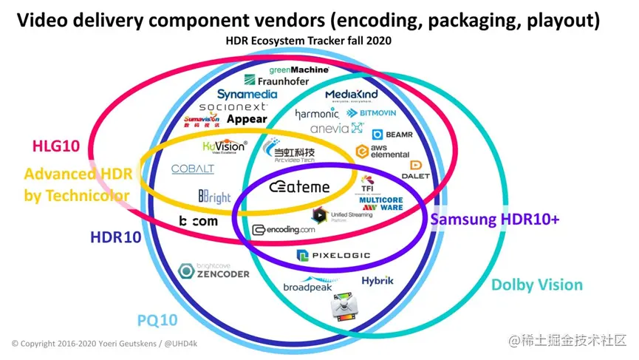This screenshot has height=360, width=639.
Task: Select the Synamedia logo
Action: [x=247, y=95]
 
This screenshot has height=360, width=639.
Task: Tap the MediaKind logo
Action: [x=351, y=95]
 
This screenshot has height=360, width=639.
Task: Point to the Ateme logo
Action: [x=299, y=187]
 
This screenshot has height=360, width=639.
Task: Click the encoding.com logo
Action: [x=284, y=230]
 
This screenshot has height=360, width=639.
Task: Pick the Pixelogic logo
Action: [x=333, y=256]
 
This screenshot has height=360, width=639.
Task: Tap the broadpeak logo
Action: [x=312, y=285]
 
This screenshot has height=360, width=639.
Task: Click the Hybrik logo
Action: [x=377, y=281]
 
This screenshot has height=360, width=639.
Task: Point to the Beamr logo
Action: [x=388, y=135]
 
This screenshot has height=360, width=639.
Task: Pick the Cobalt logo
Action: [x=193, y=169]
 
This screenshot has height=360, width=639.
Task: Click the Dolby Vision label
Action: [x=536, y=285]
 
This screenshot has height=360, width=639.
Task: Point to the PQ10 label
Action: [x=157, y=320]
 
